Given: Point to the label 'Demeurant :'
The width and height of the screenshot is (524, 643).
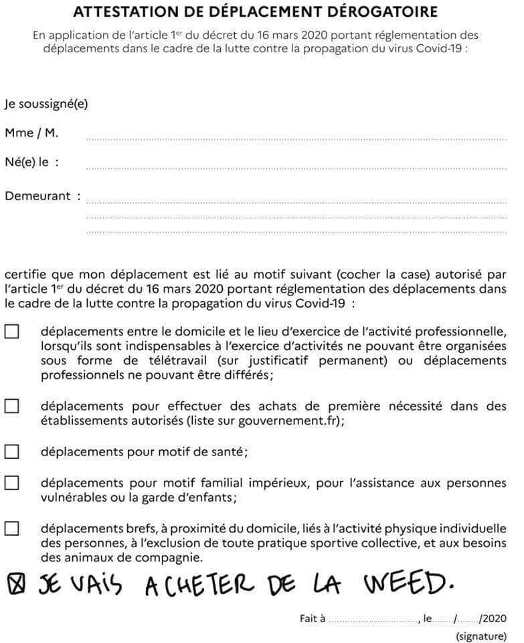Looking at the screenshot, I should click(42, 196).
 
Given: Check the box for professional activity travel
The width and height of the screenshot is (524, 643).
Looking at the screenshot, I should click(12, 332).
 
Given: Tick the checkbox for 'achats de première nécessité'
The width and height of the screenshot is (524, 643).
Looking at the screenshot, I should click(12, 406).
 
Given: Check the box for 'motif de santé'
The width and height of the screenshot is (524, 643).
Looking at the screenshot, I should click(12, 451).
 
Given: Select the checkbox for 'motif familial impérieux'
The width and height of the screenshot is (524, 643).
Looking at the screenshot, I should click(12, 484).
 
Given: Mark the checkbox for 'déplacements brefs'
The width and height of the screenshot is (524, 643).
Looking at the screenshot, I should click(12, 528).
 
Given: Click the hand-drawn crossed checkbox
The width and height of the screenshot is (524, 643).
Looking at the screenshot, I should click(19, 585).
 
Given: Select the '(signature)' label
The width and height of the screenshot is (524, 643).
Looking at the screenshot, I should click(481, 635).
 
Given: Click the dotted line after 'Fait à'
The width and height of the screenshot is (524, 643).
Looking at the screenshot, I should click(373, 620).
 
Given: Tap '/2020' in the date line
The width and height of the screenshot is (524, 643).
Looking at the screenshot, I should click(494, 618).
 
